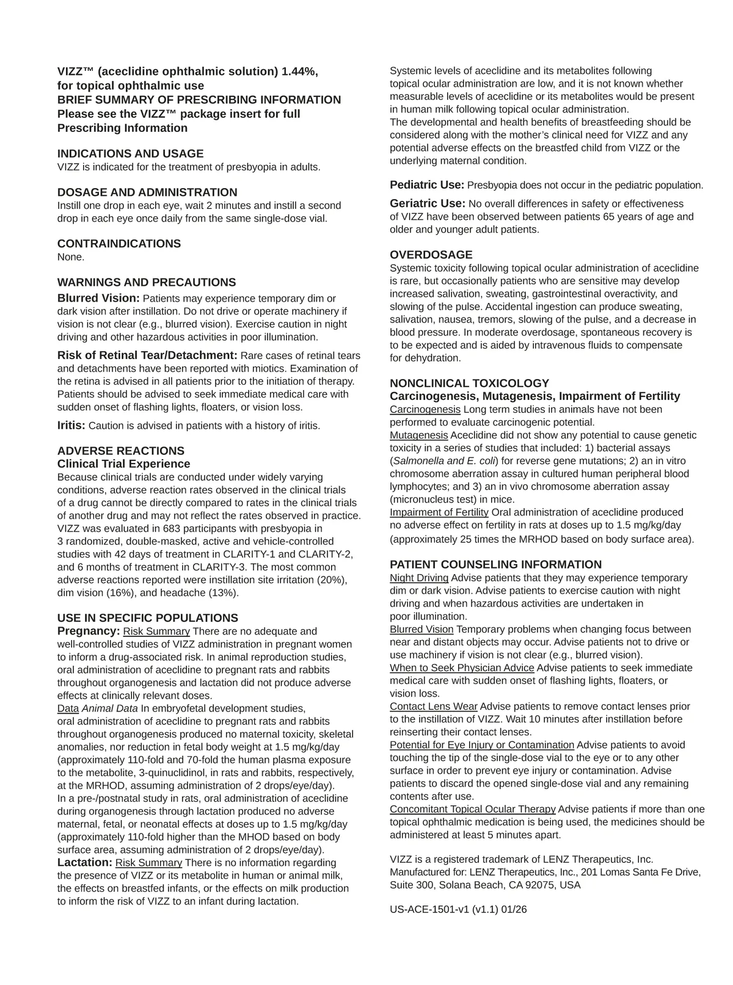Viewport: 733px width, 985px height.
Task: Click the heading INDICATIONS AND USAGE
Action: click(x=130, y=154)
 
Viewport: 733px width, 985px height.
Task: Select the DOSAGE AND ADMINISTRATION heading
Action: click(x=147, y=192)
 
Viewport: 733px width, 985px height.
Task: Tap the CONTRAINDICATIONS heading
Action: click(x=119, y=244)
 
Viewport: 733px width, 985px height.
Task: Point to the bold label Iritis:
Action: click(x=71, y=425)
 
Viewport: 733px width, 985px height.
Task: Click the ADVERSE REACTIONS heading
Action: click(x=121, y=451)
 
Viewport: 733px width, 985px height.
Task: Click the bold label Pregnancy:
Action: click(x=89, y=631)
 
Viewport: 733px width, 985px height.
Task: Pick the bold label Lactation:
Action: click(x=85, y=862)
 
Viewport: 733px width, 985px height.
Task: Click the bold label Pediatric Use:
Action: click(x=427, y=185)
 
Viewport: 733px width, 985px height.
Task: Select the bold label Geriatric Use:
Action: click(x=428, y=203)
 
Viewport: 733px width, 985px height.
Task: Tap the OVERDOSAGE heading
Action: click(x=431, y=255)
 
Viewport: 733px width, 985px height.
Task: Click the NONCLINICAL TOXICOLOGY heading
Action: click(x=470, y=383)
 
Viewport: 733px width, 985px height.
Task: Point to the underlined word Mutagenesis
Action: click(x=419, y=435)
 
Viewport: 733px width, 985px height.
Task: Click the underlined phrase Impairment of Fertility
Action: click(x=439, y=512)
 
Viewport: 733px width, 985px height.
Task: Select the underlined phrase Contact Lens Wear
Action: click(x=434, y=707)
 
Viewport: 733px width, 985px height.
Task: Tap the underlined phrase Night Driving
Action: click(x=419, y=578)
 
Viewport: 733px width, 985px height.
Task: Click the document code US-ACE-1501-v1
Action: click(x=429, y=909)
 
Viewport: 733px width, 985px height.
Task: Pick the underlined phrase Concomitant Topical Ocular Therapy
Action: click(x=473, y=809)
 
